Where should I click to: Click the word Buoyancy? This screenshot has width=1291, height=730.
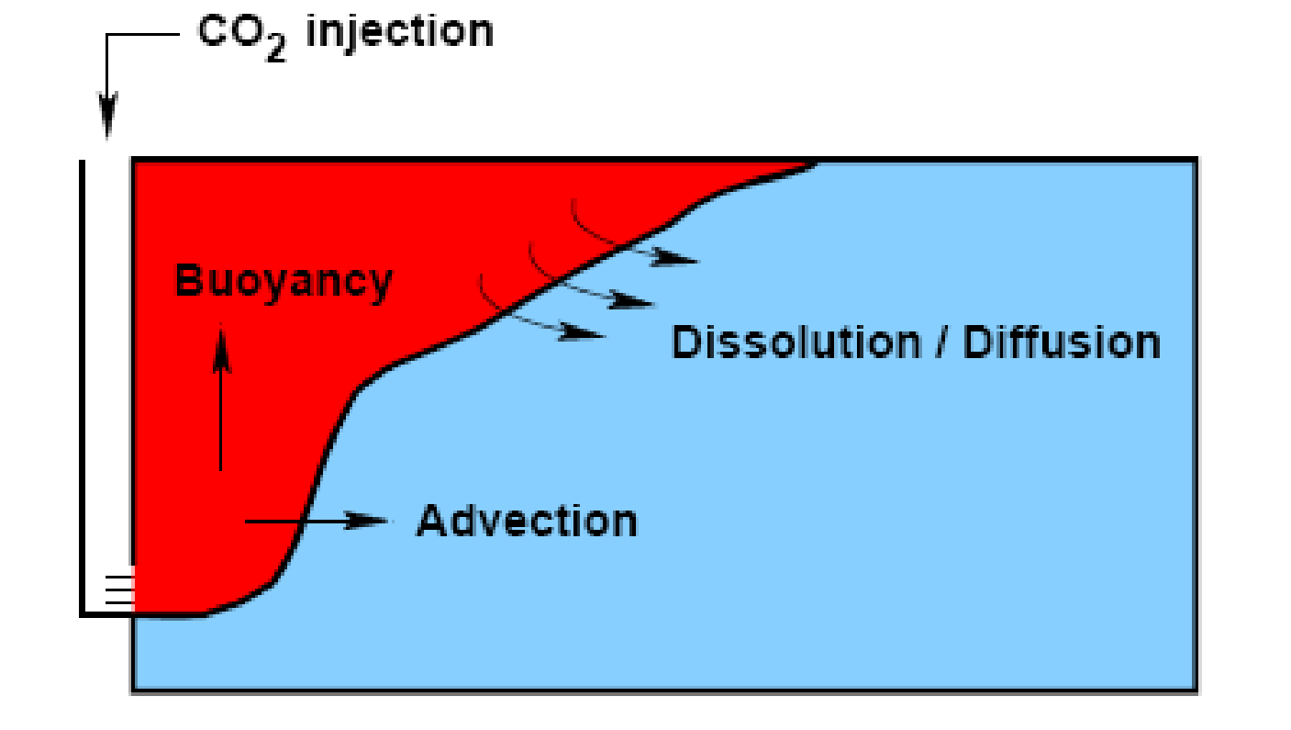point(284,283)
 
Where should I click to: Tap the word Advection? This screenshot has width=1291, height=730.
point(527,522)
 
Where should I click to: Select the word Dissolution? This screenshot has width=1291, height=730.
point(796,343)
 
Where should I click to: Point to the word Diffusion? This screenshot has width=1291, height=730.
point(1062,343)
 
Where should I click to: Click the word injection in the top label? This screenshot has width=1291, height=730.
point(400,32)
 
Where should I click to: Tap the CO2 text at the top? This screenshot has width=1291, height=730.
point(242,37)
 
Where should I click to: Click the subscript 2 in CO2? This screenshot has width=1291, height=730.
point(276,51)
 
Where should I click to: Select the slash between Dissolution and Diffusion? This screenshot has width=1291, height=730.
point(941,343)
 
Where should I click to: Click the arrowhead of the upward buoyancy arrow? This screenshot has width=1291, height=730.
point(221,348)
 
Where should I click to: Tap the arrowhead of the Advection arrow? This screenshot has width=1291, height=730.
point(366,521)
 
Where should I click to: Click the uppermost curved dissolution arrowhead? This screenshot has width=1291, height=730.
point(674,258)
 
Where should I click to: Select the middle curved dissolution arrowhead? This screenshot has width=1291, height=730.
point(631,300)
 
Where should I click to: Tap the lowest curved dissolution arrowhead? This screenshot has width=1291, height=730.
point(582,332)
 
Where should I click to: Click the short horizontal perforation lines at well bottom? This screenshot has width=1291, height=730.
point(119,590)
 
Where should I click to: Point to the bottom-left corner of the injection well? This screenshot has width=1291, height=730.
point(83,614)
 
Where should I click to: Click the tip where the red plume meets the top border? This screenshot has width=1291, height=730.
point(816,163)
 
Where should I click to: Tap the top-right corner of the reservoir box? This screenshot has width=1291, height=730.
point(1196,159)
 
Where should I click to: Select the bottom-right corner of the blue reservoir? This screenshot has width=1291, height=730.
point(1196,690)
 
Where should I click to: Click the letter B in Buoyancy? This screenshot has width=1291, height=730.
point(187,280)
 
